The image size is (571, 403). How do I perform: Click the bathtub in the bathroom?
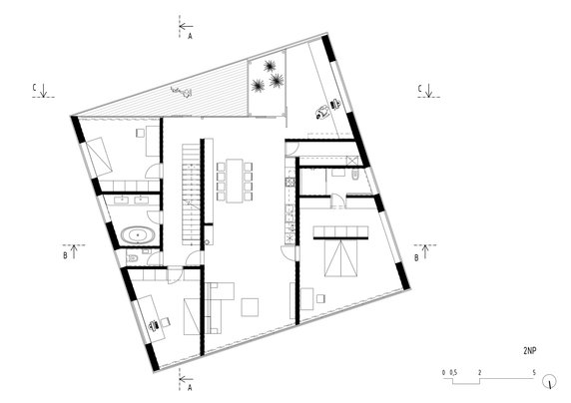coord(137,236)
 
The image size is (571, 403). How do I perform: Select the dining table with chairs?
coord(236,180)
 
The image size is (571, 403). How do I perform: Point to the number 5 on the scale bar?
coord(535,372)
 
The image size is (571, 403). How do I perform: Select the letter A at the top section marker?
coord(190,34)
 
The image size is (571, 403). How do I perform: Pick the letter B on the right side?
coord(415,255)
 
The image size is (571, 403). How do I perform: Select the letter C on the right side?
coord(419,89)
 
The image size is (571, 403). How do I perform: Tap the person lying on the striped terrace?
coord(181,93)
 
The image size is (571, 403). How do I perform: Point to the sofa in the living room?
coord(213,309)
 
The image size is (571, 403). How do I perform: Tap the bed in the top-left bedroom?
coord(103,155)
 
